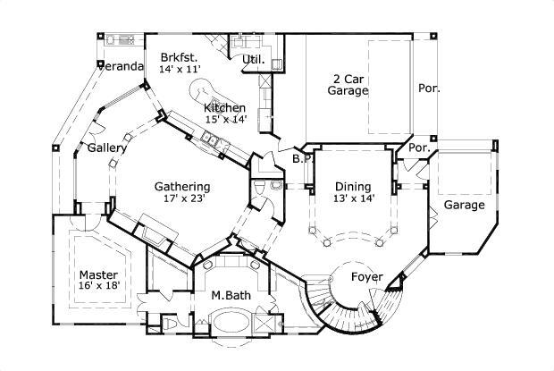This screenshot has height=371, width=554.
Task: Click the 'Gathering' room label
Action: [x=181, y=186]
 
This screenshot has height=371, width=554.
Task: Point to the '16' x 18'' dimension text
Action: [x=97, y=285]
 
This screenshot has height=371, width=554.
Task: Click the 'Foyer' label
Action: [x=366, y=276]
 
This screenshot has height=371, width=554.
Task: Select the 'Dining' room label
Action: [x=353, y=186]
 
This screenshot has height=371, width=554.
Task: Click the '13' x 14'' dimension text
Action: [x=354, y=198]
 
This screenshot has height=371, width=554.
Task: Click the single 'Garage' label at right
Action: [x=465, y=205]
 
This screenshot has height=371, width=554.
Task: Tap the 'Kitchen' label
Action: [x=223, y=108]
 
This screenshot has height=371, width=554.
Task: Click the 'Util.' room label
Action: [x=254, y=60]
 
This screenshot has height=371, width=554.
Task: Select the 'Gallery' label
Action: [x=105, y=148]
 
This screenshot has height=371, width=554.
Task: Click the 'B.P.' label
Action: [x=301, y=159]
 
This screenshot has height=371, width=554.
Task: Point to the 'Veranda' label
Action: [x=121, y=66]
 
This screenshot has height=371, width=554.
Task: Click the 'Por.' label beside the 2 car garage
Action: [x=430, y=89]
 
